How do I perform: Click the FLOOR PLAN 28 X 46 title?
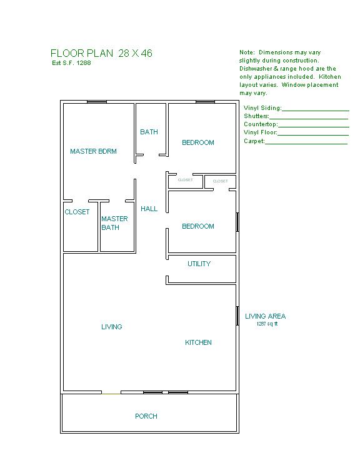click(x=101, y=53)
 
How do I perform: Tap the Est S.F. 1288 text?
click(x=71, y=63)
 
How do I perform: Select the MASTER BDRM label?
click(x=93, y=151)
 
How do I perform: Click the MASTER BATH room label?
click(x=114, y=223)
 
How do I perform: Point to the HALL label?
click(x=149, y=209)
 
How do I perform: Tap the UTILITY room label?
click(x=199, y=264)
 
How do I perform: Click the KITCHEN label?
click(x=198, y=342)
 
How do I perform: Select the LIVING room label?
click(x=112, y=327)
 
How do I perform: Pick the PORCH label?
click(x=146, y=416)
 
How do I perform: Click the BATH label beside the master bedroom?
click(x=149, y=132)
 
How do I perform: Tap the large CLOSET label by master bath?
click(x=77, y=212)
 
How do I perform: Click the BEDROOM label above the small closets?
click(x=198, y=142)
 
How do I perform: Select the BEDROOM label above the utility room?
click(x=198, y=226)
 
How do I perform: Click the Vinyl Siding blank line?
click(x=316, y=111)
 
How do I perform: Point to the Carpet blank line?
click(x=306, y=144)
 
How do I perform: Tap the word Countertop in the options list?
click(x=261, y=124)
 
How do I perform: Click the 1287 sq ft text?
click(x=267, y=324)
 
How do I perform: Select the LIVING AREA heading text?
click(x=266, y=316)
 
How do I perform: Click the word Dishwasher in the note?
click(x=256, y=69)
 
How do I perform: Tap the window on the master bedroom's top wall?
click(x=97, y=102)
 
